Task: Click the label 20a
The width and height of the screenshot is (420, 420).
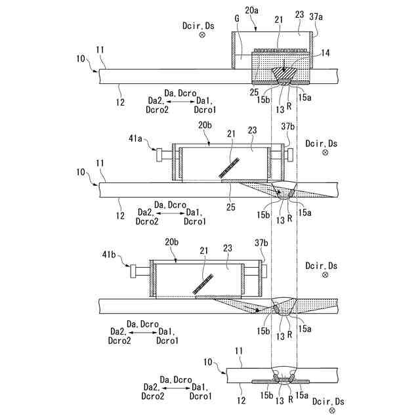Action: tap(252, 10)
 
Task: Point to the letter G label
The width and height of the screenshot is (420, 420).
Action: tap(236, 19)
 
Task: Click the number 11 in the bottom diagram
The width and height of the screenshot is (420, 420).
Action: tap(240, 352)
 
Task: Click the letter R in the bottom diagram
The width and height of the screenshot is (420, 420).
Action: tap(289, 397)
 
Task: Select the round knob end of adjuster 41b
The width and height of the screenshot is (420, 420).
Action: tap(135, 270)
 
